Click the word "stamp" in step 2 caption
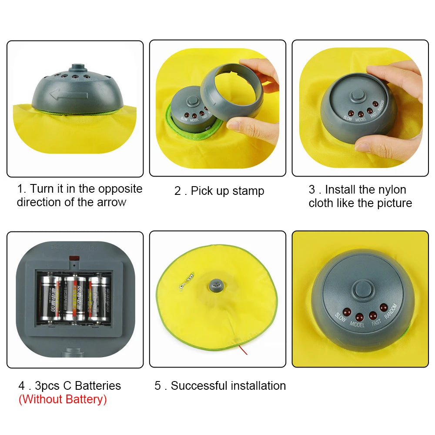tap(248, 191)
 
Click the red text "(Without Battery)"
tap(62, 399)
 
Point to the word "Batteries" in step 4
tap(98, 385)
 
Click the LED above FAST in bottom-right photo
tap(372, 315)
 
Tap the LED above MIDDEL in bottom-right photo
tap(359, 317)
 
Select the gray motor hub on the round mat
tap(216, 285)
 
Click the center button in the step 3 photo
tap(358, 96)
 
